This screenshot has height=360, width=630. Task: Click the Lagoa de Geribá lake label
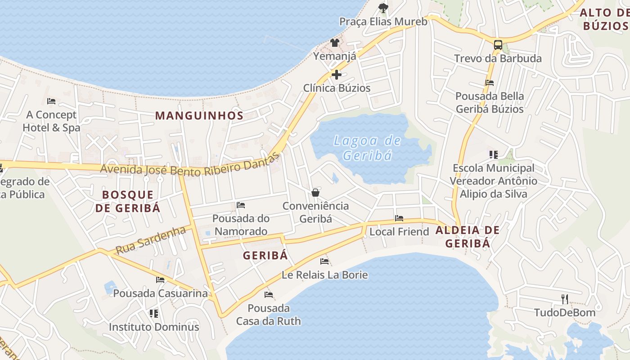click(x=367, y=148)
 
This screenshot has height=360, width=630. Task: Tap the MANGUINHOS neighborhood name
click(x=199, y=115)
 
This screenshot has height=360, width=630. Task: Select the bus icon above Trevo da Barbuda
click(x=498, y=45)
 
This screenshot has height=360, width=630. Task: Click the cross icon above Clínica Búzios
click(x=336, y=75)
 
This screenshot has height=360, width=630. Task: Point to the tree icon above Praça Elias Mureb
click(x=383, y=8)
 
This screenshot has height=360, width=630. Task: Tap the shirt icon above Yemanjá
click(x=335, y=43)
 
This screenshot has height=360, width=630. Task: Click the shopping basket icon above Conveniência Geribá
click(x=315, y=193)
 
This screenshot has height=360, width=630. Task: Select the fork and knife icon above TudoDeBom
click(x=564, y=299)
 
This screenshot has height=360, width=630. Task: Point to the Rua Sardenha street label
click(x=151, y=241)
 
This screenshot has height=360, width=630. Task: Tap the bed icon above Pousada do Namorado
click(x=241, y=205)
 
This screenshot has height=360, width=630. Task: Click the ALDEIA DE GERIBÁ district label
click(x=468, y=237)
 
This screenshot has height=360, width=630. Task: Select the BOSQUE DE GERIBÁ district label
click(x=128, y=201)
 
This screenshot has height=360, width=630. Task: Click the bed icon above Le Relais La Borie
click(x=324, y=261)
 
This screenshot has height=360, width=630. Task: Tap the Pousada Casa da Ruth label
click(x=269, y=315)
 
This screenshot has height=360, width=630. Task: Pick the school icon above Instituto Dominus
click(x=154, y=313)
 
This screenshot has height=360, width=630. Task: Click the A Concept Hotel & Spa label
click(x=51, y=121)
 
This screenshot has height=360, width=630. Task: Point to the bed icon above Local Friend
click(x=399, y=218)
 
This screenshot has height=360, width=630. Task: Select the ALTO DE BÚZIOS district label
click(x=604, y=19)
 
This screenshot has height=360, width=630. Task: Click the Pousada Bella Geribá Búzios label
click(x=490, y=103)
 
